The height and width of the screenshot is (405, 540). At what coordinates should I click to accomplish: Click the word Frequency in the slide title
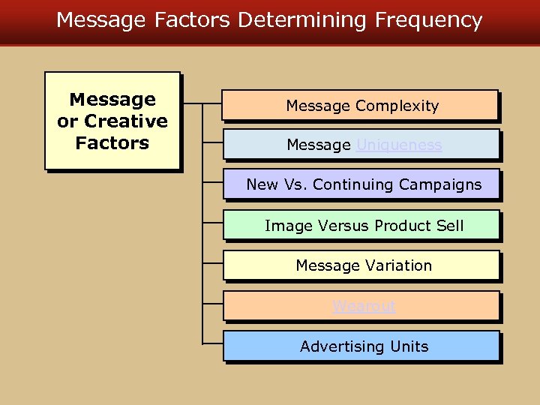pyautogui.click(x=430, y=20)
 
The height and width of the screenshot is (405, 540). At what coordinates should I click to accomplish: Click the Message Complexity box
pyautogui.click(x=361, y=106)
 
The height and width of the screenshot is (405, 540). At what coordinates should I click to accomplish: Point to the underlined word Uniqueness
pyautogui.click(x=399, y=145)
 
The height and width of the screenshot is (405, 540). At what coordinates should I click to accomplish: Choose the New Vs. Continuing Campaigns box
pyautogui.click(x=361, y=184)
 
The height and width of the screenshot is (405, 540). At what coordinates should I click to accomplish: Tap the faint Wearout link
pyautogui.click(x=364, y=306)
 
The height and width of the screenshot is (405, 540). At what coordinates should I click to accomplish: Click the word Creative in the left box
pyautogui.click(x=126, y=121)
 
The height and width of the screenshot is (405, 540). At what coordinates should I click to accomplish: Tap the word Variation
pyautogui.click(x=398, y=265)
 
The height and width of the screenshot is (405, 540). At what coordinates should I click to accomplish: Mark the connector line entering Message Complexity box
pyautogui.click(x=212, y=103)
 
